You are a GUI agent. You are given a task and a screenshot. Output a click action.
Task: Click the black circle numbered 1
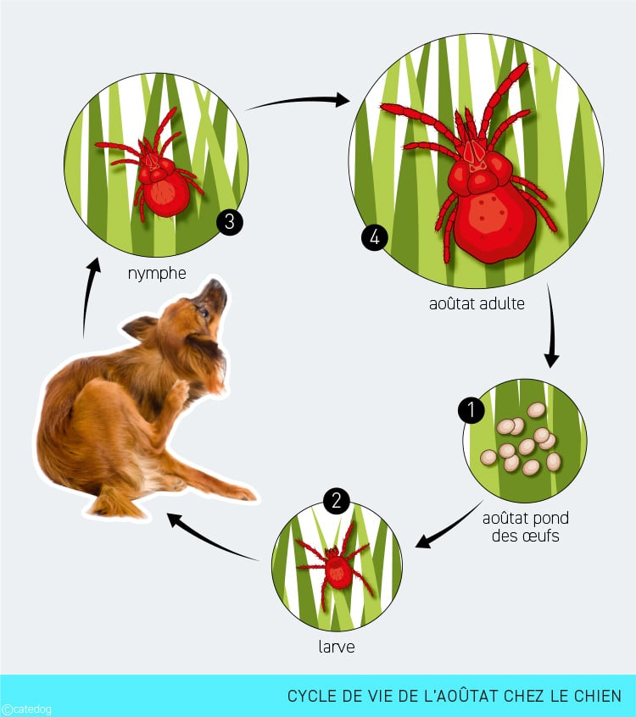(471, 410)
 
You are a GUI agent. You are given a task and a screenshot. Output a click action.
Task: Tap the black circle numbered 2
(337, 501)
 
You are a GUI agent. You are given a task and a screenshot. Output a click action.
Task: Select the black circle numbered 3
(230, 222)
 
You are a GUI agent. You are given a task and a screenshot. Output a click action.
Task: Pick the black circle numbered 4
(375, 238)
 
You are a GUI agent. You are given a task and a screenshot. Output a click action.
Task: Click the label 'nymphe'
(157, 274)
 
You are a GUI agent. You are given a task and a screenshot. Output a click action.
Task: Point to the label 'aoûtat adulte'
(477, 303)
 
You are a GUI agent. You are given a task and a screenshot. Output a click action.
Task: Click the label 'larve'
(337, 647)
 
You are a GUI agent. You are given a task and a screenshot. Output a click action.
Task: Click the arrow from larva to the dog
(209, 541)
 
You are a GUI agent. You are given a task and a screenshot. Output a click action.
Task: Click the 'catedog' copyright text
(26, 709)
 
